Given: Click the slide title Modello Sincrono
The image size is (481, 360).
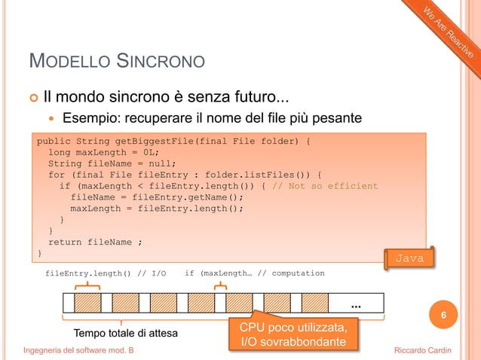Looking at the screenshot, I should pyautogui.click(x=116, y=60).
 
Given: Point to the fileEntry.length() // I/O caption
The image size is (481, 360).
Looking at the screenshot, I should pyautogui.click(x=106, y=273).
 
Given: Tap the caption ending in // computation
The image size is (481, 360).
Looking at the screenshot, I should pyautogui.click(x=254, y=273).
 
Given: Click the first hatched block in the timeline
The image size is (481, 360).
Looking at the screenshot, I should pyautogui.click(x=88, y=303).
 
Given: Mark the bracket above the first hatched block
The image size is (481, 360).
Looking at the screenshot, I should pyautogui.click(x=88, y=285).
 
